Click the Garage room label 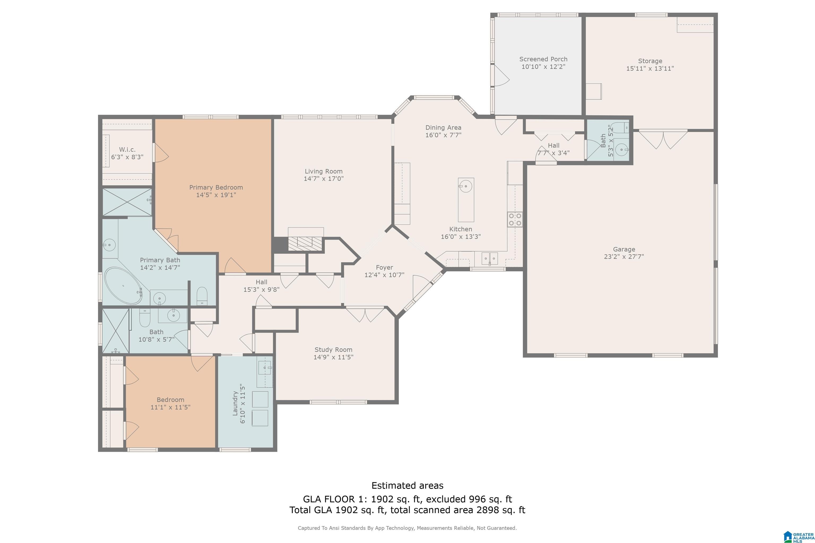(624, 249)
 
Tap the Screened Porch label (543, 59)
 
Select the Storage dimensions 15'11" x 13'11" (650, 69)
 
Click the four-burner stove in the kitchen (515, 219)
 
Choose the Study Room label (333, 350)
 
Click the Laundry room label (235, 404)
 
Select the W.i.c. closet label (127, 150)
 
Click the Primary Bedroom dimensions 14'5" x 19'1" (216, 195)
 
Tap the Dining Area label (443, 128)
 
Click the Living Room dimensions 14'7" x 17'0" (324, 179)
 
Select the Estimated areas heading (407, 485)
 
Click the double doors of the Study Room (365, 314)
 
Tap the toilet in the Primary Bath (202, 296)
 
